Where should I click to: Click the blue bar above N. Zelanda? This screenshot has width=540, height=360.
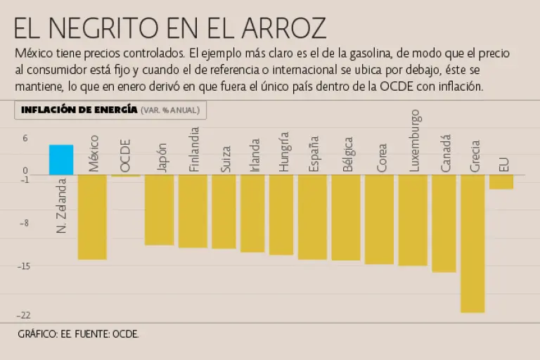click(x=61, y=160)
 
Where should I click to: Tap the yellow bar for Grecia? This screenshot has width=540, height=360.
click(x=472, y=243)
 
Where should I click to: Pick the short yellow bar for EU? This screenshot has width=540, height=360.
click(x=501, y=181)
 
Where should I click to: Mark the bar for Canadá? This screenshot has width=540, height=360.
click(x=444, y=223)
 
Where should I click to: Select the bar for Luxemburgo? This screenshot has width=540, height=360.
click(x=413, y=220)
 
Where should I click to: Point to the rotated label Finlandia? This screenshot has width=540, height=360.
click(x=195, y=149)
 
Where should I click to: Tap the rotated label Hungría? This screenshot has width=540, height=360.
click(x=283, y=152)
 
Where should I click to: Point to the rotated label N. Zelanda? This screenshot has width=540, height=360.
click(x=61, y=205)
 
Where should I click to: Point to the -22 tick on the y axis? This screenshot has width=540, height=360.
click(x=25, y=315)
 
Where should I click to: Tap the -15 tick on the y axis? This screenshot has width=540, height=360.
click(x=25, y=266)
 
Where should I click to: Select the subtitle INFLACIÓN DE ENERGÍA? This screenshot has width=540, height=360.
click(x=79, y=110)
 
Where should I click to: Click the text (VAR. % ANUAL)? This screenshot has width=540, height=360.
click(x=170, y=110)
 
